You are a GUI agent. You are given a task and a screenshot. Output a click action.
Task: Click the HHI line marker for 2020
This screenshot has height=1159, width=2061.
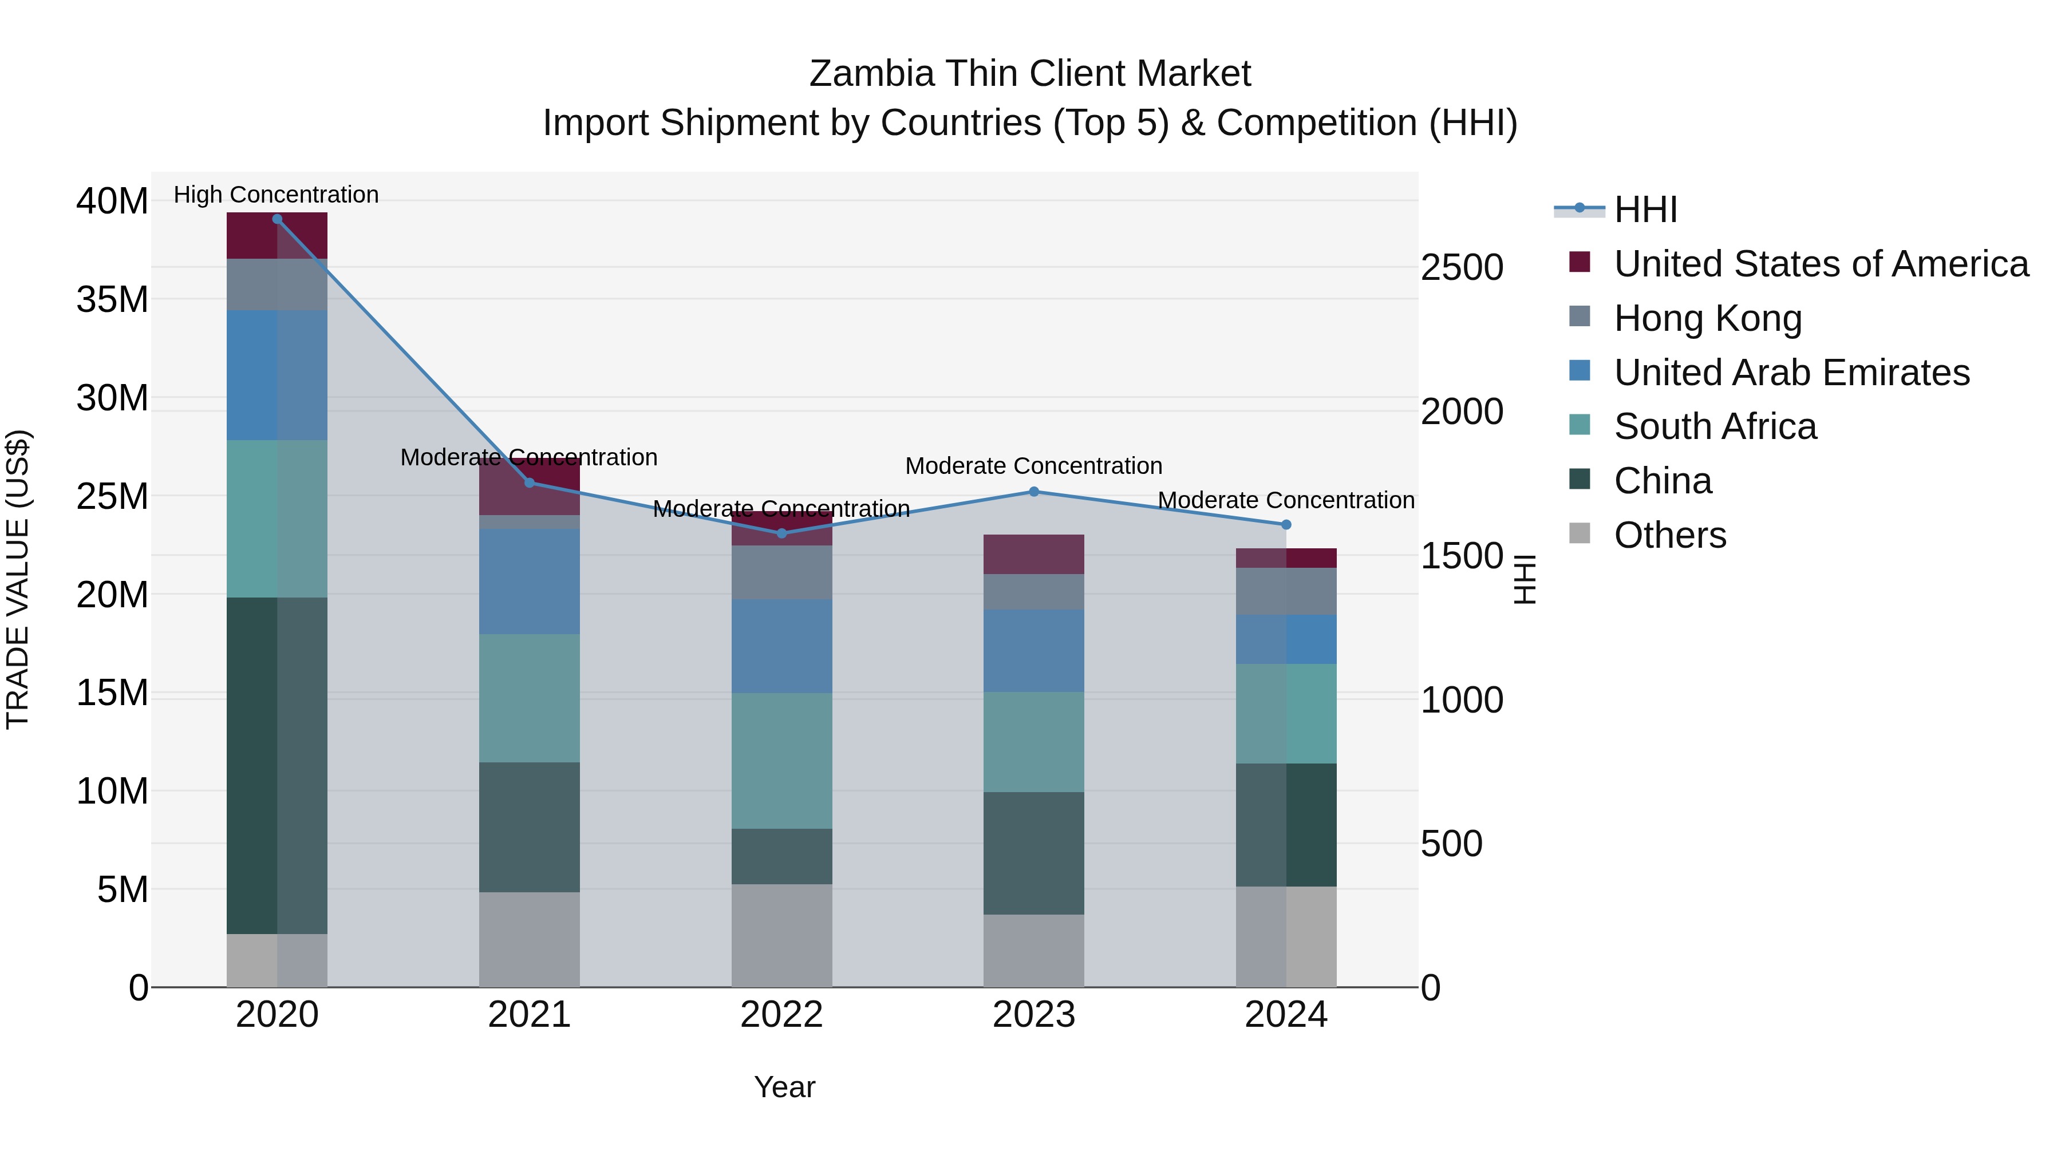pyautogui.click(x=277, y=219)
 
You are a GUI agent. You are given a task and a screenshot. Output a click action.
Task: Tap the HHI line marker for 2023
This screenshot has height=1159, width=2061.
pyautogui.click(x=1034, y=492)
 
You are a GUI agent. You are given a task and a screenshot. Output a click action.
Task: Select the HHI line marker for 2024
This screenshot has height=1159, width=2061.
pyautogui.click(x=1286, y=525)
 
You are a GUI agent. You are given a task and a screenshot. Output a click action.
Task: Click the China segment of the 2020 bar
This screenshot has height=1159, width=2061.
pyautogui.click(x=277, y=765)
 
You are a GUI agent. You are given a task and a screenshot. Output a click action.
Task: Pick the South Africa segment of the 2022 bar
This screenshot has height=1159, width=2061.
pyautogui.click(x=781, y=761)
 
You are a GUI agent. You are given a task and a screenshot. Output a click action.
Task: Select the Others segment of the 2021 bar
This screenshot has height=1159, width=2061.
pyautogui.click(x=529, y=940)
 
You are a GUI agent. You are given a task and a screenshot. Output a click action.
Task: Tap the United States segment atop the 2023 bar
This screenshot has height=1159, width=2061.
pyautogui.click(x=1034, y=554)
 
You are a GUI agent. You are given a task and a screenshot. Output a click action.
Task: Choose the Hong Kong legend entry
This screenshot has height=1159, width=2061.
pyautogui.click(x=1707, y=318)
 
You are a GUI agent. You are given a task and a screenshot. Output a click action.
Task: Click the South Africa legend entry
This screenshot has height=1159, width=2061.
pyautogui.click(x=1715, y=426)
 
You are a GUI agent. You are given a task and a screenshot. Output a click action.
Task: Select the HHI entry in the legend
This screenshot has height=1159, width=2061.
pyautogui.click(x=1645, y=209)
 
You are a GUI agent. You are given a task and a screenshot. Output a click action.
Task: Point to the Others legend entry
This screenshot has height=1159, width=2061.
pyautogui.click(x=1670, y=535)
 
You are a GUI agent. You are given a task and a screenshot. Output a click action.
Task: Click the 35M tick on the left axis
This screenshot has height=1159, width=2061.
pyautogui.click(x=112, y=300)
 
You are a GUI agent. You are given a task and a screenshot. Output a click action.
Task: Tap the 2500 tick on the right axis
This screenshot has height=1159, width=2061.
pyautogui.click(x=1462, y=267)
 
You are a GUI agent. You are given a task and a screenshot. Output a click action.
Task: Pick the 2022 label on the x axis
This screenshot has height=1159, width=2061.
pyautogui.click(x=781, y=1015)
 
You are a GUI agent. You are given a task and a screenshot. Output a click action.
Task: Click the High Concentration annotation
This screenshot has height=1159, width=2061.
pyautogui.click(x=276, y=195)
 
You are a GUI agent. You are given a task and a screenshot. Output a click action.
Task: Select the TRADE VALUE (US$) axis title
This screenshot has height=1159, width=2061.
pyautogui.click(x=18, y=579)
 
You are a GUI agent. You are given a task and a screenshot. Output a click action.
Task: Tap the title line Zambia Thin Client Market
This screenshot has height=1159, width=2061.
pyautogui.click(x=1030, y=74)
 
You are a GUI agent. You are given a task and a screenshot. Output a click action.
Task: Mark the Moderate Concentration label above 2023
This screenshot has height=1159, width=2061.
pyautogui.click(x=1034, y=465)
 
